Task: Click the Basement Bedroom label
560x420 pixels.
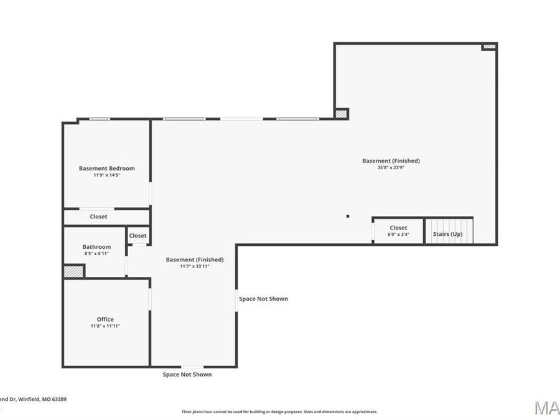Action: point(106,168)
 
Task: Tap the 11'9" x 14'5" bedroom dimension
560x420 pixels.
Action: point(106,175)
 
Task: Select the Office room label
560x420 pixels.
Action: point(105,319)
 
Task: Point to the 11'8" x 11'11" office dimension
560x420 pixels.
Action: point(105,326)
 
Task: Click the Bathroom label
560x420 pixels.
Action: point(96,246)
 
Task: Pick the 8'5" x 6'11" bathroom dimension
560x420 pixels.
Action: point(96,254)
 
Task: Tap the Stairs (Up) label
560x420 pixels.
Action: point(448,235)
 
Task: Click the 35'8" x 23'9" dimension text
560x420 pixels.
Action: point(391,167)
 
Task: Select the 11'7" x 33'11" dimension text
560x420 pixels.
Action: point(194,266)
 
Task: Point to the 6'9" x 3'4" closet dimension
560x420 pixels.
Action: point(398,235)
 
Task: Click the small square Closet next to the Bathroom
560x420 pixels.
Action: point(138,236)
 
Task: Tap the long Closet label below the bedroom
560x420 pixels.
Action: point(98,217)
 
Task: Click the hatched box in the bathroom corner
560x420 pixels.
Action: point(73,271)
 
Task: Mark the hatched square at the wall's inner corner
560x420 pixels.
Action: point(341,114)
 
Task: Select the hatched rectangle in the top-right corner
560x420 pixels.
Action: point(490,47)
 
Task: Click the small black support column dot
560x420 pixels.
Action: point(348,216)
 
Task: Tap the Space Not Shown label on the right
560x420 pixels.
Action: point(263,299)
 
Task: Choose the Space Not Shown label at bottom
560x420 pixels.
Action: point(187,375)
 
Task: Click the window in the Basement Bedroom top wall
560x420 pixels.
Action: point(100,119)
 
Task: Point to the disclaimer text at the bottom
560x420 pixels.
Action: point(279,411)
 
